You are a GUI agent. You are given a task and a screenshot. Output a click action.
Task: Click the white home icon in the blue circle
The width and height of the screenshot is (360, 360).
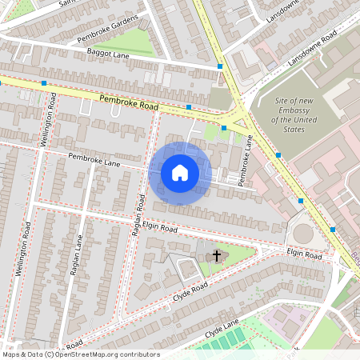tap(180, 173)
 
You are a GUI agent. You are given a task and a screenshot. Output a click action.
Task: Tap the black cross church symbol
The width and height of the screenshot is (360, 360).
tap(216, 257)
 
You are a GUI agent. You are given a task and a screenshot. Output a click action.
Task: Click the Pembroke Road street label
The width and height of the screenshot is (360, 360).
tap(128, 102)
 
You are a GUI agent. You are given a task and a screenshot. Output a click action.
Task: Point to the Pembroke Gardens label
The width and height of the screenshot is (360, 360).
tap(108, 29)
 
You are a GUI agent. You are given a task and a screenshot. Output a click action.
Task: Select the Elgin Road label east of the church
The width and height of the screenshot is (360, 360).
tap(304, 254)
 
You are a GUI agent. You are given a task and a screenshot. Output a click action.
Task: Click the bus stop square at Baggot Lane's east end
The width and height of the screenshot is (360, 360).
tap(220, 66)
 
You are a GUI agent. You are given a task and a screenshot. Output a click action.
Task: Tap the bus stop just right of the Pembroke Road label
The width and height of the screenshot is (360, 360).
tap(188, 106)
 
